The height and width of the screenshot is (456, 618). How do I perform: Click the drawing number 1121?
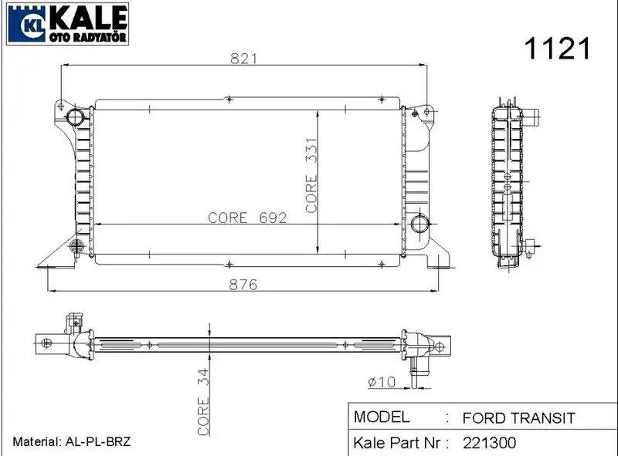[557, 49]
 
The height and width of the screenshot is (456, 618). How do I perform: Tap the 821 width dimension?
[243, 59]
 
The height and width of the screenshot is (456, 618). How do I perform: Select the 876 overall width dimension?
[243, 284]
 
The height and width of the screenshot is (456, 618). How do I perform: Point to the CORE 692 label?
[247, 218]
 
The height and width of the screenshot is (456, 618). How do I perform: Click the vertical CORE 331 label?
[311, 175]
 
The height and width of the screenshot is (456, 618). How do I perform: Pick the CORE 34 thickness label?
[203, 402]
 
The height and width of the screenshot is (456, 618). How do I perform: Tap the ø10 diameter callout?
[381, 382]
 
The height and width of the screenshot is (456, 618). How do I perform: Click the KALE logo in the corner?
[68, 24]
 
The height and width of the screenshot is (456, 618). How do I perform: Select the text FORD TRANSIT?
[518, 417]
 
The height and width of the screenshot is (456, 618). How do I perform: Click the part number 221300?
[489, 443]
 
